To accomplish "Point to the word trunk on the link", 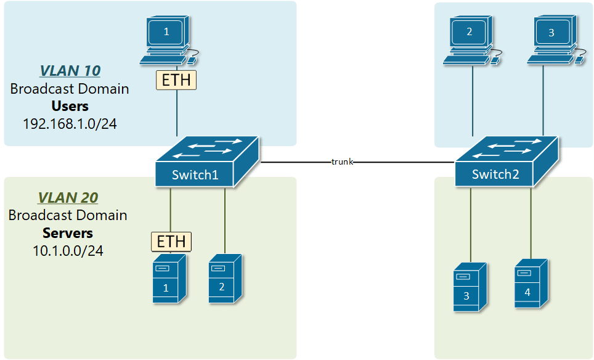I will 343,162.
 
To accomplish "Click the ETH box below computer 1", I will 176,80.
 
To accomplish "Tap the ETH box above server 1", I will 172,242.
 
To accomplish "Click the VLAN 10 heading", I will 70,70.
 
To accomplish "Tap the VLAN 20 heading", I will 68,198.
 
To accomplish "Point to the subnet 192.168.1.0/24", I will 70,123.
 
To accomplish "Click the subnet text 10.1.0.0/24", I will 68,251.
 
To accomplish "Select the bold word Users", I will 70,105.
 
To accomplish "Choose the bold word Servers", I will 68,233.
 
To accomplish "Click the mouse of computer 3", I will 580,59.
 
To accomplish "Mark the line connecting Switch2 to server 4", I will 531,222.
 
